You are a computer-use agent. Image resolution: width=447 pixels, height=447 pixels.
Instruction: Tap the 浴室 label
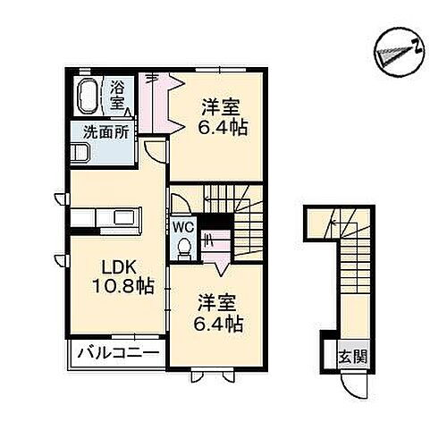[119, 94]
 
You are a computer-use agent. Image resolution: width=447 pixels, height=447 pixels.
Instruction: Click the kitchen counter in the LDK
[105, 219]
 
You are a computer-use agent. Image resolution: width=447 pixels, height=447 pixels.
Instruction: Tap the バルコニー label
[114, 351]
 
